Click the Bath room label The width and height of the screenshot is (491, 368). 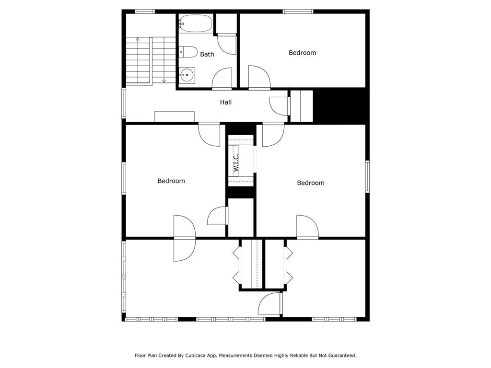[x=207, y=55]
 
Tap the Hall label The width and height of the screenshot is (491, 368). [x=226, y=103]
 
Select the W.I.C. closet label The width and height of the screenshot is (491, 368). [x=236, y=162]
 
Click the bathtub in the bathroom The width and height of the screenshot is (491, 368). [x=196, y=23]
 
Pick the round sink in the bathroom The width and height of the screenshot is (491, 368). [x=187, y=75]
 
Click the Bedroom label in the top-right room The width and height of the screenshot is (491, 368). [x=303, y=53]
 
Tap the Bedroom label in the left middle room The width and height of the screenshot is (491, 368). [x=171, y=181]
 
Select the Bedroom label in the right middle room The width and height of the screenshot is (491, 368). [x=311, y=183]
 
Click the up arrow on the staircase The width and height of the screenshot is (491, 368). [x=138, y=39]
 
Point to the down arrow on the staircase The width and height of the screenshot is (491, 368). [x=164, y=81]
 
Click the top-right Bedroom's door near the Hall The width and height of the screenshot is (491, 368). [x=259, y=77]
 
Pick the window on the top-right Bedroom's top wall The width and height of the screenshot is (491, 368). [x=298, y=11]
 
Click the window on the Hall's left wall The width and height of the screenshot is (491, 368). [x=124, y=103]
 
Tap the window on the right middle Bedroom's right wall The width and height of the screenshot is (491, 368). [x=368, y=176]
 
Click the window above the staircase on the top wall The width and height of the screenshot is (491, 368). [x=145, y=11]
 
